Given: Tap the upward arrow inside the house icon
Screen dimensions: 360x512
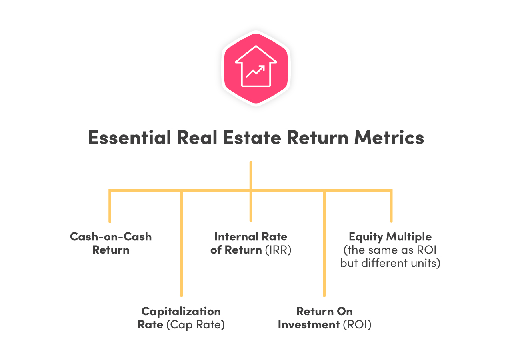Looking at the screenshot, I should tap(256, 72).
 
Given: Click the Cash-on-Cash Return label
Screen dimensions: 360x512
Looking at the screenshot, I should tap(111, 243).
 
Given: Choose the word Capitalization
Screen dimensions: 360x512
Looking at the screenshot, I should tap(181, 311).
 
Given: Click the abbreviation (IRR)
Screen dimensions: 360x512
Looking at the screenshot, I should tap(278, 250).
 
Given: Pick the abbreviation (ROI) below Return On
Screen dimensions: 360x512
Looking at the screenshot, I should tap(357, 325).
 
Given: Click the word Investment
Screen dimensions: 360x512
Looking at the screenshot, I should tap(308, 325).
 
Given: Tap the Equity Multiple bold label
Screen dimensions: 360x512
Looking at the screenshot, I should tap(390, 236).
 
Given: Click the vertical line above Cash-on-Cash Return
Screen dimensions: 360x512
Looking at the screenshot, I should tap(110, 206).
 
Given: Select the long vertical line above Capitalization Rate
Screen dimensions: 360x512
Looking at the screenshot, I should tap(181, 244).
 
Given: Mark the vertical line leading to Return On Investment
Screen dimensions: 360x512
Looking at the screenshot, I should tap(324, 244).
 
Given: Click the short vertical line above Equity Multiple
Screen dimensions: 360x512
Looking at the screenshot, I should tap(391, 206).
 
